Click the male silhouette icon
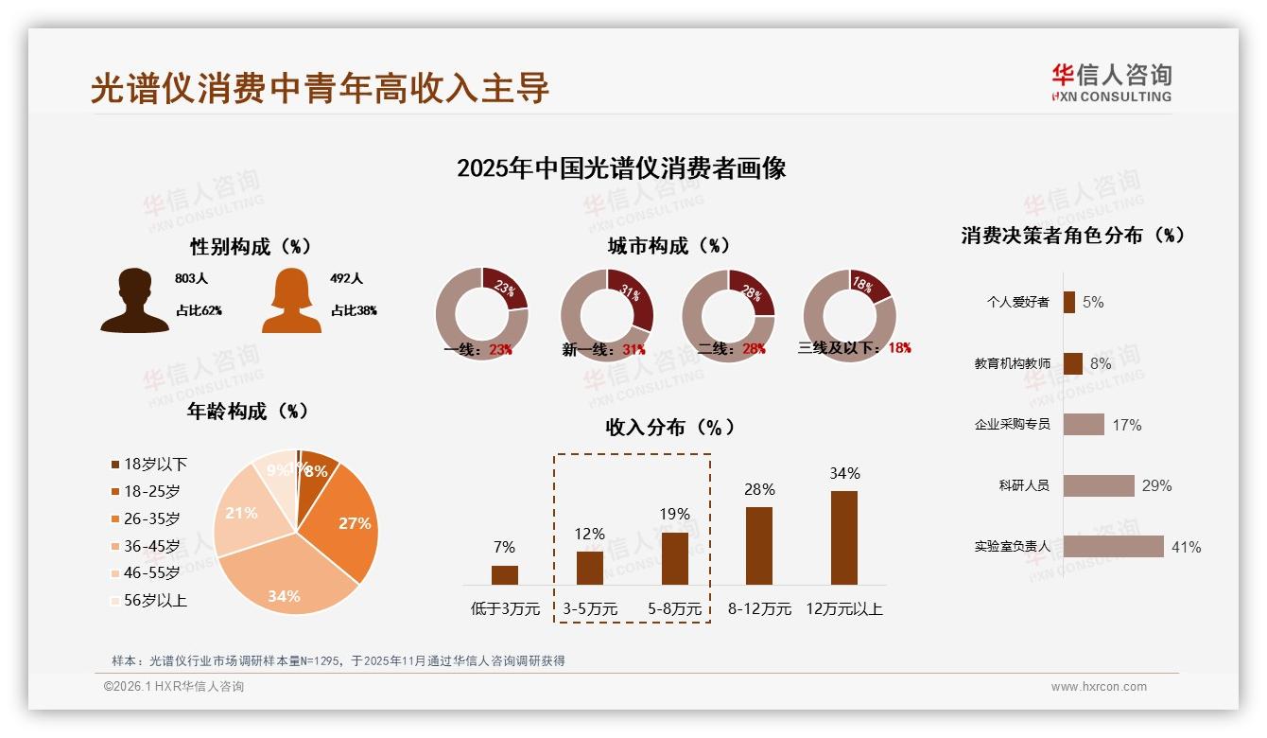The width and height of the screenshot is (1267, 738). (x=134, y=301)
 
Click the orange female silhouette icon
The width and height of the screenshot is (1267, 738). (x=291, y=301)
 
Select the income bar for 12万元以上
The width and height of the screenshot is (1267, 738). (x=844, y=537)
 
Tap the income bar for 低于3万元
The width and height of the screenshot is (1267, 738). (x=505, y=574)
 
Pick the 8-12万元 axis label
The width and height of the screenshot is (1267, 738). (x=759, y=609)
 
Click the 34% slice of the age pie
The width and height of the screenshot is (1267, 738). (x=284, y=577)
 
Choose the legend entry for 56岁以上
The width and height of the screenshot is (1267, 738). (x=148, y=600)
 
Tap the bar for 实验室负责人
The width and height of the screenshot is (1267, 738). (x=1113, y=547)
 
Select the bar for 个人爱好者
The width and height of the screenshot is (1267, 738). (x=1068, y=302)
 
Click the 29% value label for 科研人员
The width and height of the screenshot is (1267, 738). (x=1156, y=485)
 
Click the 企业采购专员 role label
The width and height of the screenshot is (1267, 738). (x=1012, y=425)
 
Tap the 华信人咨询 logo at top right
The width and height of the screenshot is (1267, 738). (x=1111, y=83)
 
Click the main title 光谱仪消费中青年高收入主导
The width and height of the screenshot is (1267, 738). (x=320, y=88)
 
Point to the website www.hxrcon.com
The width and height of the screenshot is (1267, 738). (x=1099, y=687)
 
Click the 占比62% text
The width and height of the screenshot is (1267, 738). (x=199, y=310)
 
